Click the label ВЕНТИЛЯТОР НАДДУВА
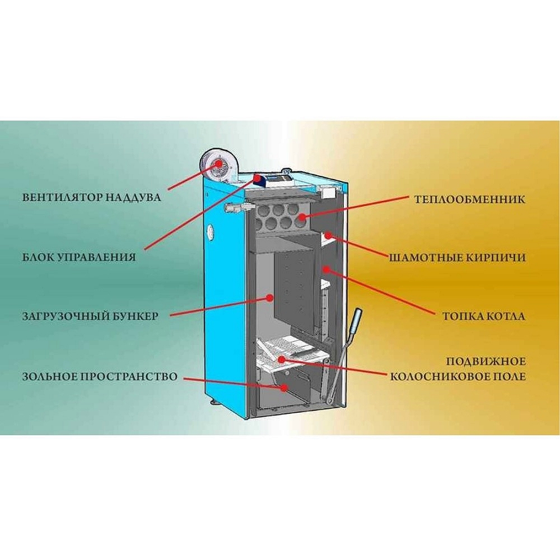click(x=91, y=198)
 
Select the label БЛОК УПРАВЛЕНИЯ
click(x=79, y=257)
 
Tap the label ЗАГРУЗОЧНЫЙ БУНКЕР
click(x=90, y=316)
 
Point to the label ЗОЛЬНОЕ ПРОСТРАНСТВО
click(x=100, y=376)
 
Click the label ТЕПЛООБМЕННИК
click(x=470, y=199)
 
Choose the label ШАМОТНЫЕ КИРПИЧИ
click(x=457, y=258)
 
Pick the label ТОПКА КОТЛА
click(x=484, y=316)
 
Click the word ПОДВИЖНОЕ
click(x=486, y=361)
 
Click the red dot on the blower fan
click(x=218, y=163)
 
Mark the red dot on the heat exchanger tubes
click(x=302, y=217)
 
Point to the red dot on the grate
click(x=282, y=359)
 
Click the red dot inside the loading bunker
click(x=270, y=297)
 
